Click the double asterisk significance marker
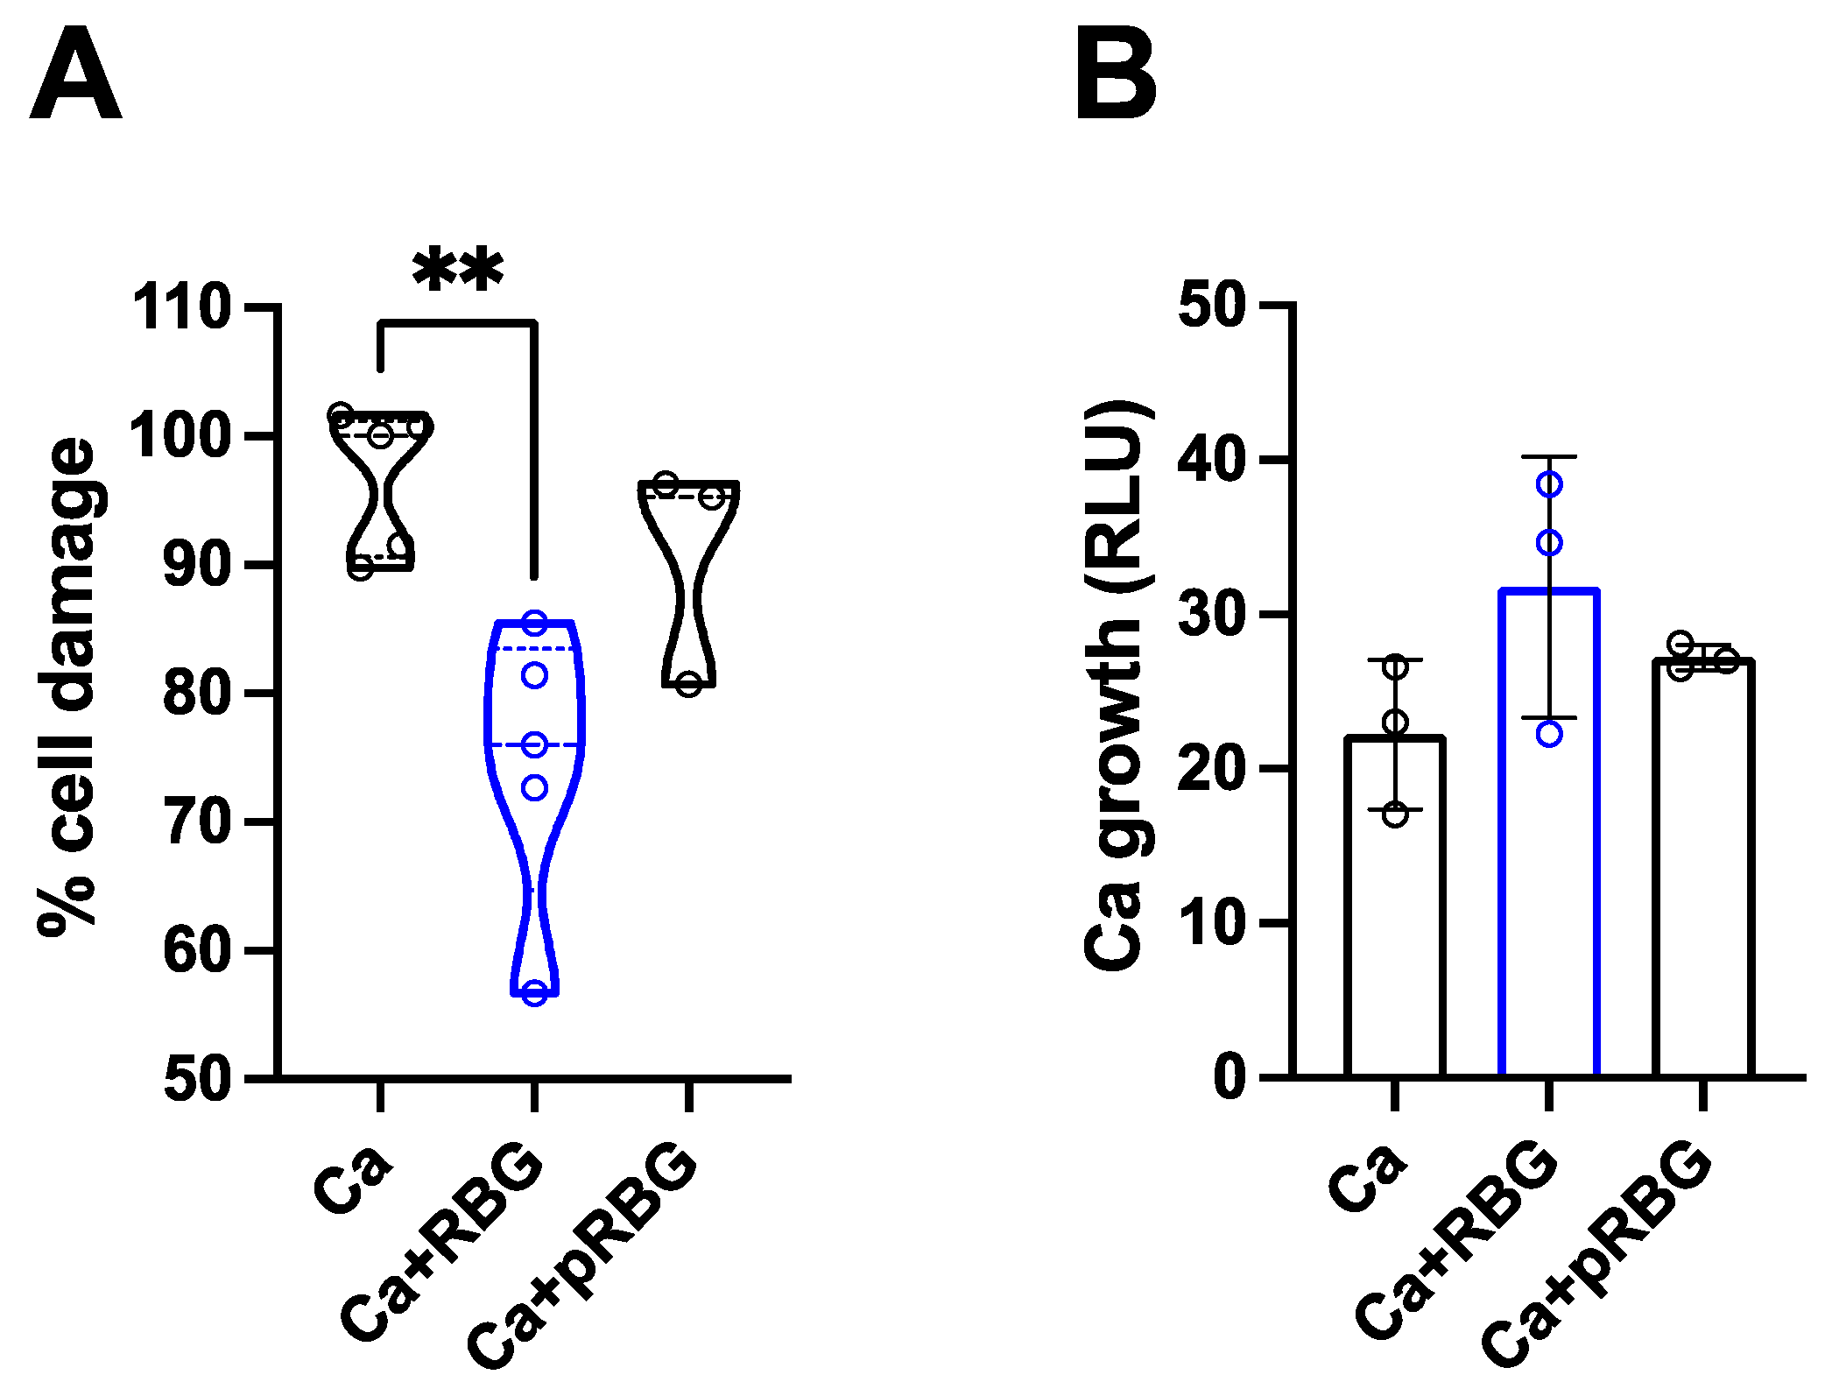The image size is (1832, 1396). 457,271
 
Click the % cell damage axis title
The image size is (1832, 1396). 68,687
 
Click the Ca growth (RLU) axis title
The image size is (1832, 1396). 1114,687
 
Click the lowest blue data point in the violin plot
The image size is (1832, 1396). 534,993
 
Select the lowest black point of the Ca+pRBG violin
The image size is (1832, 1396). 689,684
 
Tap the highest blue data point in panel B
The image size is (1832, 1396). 1549,484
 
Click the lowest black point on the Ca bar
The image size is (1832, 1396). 1395,814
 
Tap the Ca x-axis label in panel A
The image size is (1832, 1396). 353,1178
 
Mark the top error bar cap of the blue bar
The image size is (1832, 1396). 1549,457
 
